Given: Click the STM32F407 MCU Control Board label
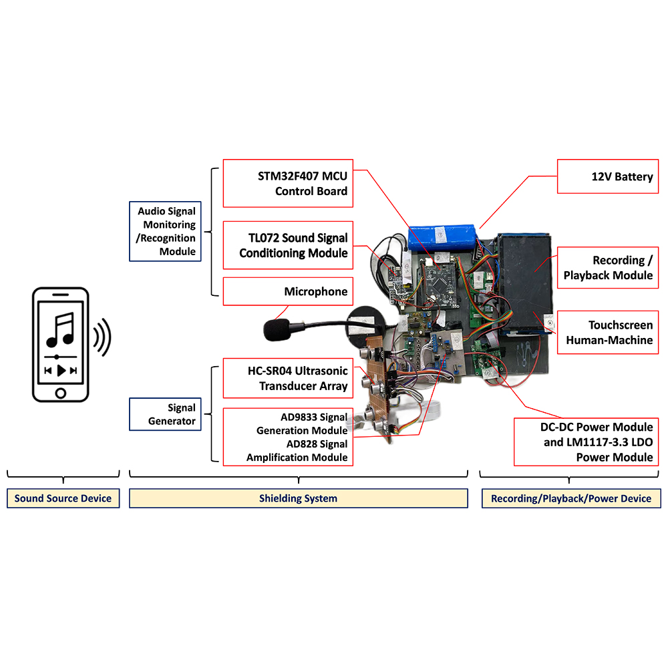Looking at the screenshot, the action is pyautogui.click(x=288, y=183).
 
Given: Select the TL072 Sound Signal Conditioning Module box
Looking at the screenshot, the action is pyautogui.click(x=288, y=245).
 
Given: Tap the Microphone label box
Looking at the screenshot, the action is pyautogui.click(x=288, y=291).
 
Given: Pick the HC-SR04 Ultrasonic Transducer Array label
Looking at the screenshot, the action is pyautogui.click(x=288, y=378).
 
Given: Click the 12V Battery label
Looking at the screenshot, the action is pyautogui.click(x=608, y=176).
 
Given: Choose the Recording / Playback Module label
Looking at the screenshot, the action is pyautogui.click(x=608, y=268).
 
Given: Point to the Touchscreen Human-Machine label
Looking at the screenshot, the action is pyautogui.click(x=608, y=332).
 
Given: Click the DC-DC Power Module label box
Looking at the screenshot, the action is pyautogui.click(x=587, y=442).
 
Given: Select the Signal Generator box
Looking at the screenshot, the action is pyautogui.click(x=165, y=414).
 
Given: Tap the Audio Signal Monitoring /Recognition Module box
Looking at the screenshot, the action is pyautogui.click(x=165, y=231).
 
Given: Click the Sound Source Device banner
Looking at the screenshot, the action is pyautogui.click(x=63, y=498).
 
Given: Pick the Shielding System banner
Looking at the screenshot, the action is pyautogui.click(x=298, y=498).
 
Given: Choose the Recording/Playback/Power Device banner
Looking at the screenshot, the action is pyautogui.click(x=571, y=498).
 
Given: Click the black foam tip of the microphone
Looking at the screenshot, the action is pyautogui.click(x=277, y=330).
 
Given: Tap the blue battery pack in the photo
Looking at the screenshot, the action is pyautogui.click(x=442, y=238).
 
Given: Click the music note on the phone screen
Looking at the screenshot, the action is pyautogui.click(x=61, y=330).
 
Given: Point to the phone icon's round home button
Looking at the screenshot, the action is pyautogui.click(x=61, y=393).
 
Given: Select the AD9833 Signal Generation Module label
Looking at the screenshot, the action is pyautogui.click(x=302, y=424).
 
